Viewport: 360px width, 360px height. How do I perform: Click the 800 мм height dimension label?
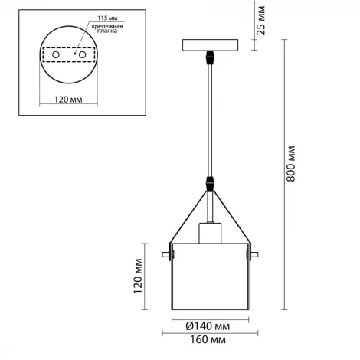pos(290,164)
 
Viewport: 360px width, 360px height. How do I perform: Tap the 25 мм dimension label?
pos(261,21)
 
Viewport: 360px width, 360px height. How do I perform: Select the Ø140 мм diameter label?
pos(208,326)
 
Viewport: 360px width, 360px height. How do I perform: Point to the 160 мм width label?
pos(208,340)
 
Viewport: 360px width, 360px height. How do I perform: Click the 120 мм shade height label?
pos(138,277)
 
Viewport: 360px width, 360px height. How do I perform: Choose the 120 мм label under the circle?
pos(68,100)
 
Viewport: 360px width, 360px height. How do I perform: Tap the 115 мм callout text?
pos(107,18)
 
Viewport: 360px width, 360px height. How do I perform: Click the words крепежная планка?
pos(107,28)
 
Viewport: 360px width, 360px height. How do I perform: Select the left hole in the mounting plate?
pos(56,54)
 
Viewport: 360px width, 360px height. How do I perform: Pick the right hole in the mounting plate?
pos(82,54)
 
